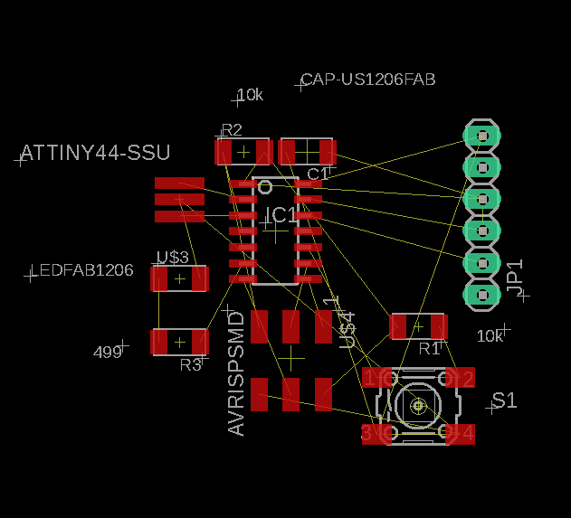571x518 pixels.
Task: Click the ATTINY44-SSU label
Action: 95,153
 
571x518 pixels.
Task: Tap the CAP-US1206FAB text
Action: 368,80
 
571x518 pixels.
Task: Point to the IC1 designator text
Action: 281,215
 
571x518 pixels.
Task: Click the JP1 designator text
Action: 516,277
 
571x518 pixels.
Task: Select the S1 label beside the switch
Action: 505,400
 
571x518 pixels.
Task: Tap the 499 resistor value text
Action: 108,353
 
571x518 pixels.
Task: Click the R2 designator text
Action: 232,129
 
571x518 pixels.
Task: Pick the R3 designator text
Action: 190,365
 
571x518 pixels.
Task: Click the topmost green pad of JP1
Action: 481,136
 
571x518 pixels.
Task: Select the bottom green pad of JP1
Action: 481,294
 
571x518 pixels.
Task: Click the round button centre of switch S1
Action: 418,406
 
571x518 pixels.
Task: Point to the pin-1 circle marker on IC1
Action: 265,187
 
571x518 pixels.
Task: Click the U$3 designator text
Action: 172,258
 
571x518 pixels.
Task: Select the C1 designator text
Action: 318,174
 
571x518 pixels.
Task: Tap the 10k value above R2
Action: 249,95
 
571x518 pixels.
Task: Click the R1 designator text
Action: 429,348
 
